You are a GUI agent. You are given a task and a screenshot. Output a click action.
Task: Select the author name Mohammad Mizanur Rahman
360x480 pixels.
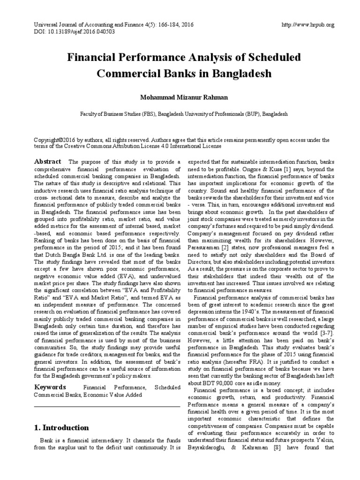tap(180, 97)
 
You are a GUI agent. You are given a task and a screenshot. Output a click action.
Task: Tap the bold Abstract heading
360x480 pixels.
tap(48, 161)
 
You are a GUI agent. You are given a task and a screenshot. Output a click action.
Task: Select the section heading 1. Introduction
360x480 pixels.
tap(61, 427)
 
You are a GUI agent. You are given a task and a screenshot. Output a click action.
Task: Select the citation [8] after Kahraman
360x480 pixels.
tap(277, 447)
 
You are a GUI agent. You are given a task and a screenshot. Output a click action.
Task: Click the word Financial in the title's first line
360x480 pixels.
tap(94, 58)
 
